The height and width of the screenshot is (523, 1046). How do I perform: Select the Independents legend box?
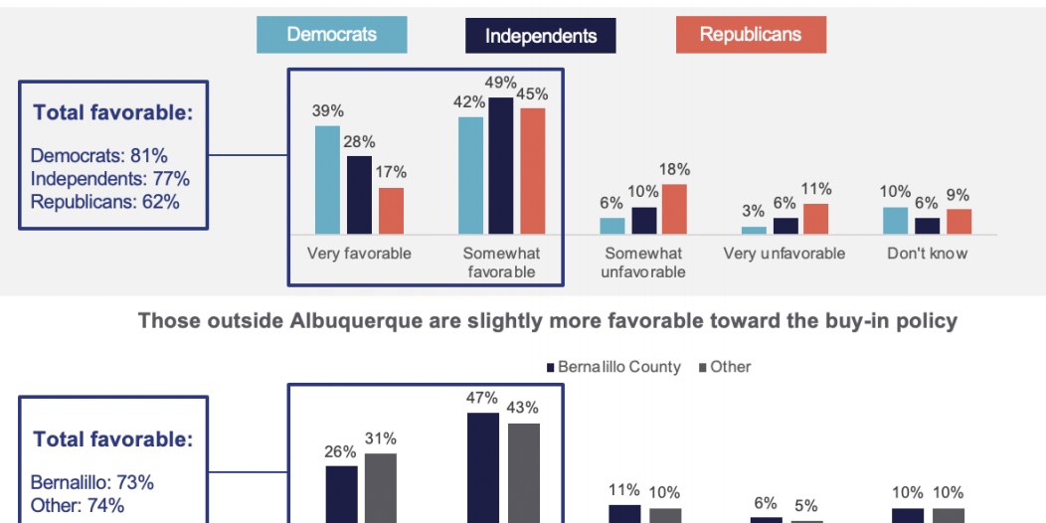[541, 36]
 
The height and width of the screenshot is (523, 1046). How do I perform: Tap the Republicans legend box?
[750, 35]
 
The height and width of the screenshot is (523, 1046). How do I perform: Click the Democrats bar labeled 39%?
[327, 179]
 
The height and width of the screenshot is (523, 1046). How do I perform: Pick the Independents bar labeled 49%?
[501, 165]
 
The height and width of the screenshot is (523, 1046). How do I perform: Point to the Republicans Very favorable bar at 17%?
[392, 210]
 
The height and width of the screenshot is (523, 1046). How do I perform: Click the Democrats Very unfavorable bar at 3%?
[755, 230]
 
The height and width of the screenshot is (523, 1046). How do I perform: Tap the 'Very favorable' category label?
[359, 254]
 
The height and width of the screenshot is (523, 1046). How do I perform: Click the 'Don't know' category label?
[927, 254]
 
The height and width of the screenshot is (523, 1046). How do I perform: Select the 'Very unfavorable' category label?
[784, 254]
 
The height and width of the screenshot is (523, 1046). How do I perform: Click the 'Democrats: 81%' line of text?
[99, 156]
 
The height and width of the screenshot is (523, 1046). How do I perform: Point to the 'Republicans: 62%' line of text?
[105, 202]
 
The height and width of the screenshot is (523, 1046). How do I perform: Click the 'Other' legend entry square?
[701, 368]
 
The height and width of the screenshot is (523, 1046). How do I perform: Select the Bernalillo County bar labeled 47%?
[483, 467]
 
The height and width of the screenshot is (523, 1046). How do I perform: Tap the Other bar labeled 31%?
[381, 487]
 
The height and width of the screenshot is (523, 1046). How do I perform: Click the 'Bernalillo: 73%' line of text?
[92, 482]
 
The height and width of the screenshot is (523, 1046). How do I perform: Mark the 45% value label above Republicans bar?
[532, 94]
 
